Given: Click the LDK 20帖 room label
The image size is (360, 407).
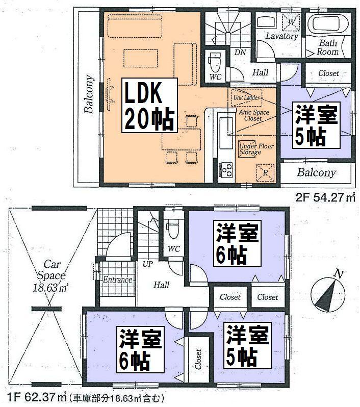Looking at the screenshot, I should point(148,106).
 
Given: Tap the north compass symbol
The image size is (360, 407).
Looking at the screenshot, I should point(327,293).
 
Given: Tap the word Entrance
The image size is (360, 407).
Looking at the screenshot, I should point(118,280).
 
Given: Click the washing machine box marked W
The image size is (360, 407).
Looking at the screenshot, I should point(291,22).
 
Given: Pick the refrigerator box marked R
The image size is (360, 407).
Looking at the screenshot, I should point(265,172).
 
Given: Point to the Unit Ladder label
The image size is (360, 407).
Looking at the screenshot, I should point(246,97).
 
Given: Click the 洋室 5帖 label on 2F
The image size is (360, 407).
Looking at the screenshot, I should point(316,125).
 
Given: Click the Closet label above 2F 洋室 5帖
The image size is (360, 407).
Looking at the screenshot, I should point(328,73).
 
